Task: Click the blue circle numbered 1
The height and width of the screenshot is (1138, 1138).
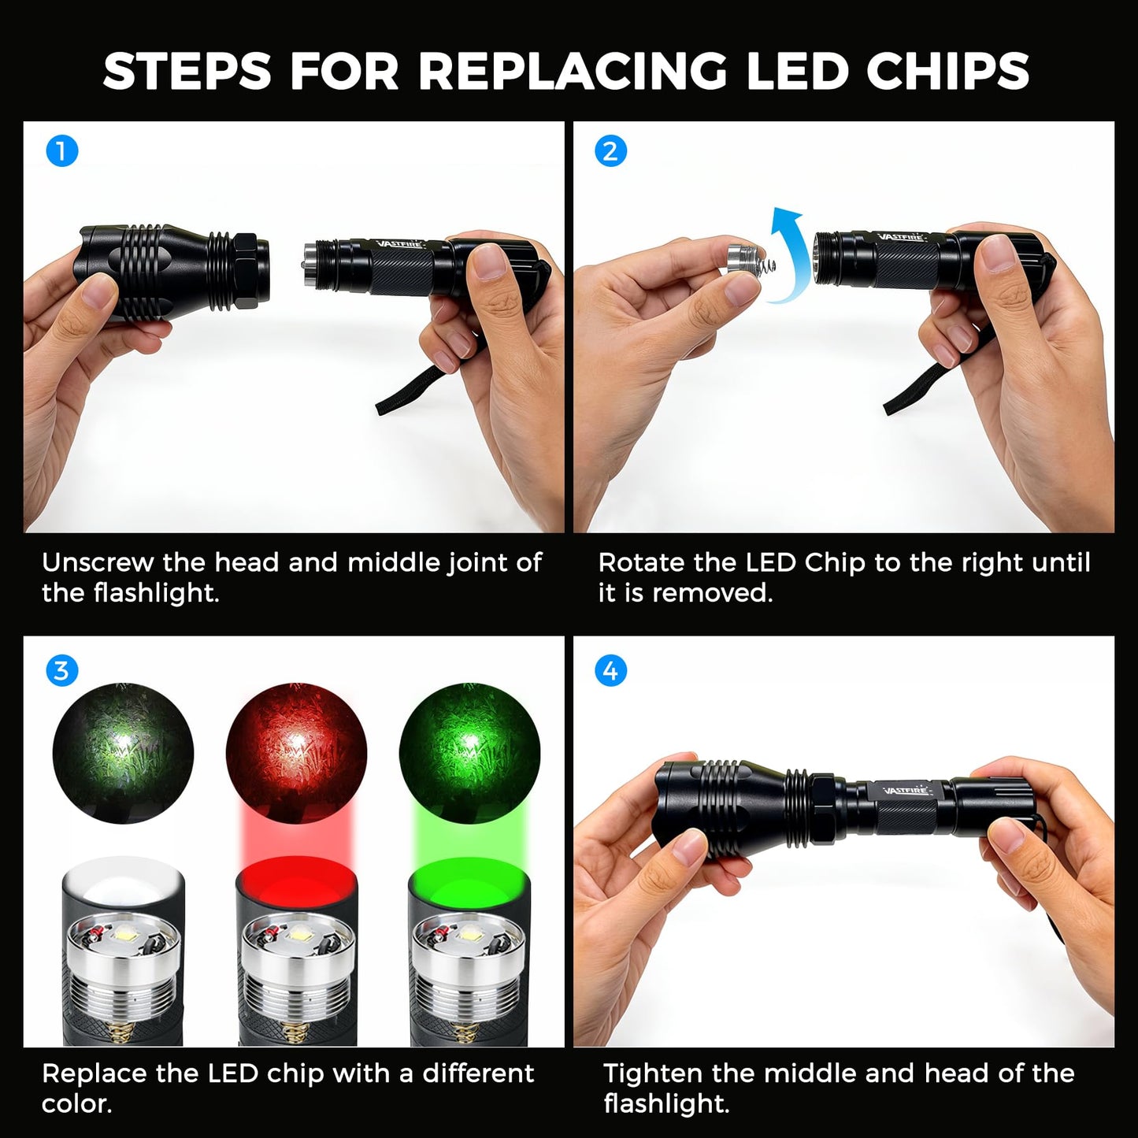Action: pyautogui.click(x=61, y=151)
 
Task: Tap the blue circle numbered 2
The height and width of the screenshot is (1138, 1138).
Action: pyautogui.click(x=610, y=151)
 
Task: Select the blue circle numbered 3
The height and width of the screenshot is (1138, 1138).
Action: pyautogui.click(x=61, y=671)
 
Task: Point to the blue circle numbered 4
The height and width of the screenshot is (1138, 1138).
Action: pyautogui.click(x=610, y=671)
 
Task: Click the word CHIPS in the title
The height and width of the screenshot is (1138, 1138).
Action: pyautogui.click(x=948, y=71)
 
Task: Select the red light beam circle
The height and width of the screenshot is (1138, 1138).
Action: pyautogui.click(x=296, y=754)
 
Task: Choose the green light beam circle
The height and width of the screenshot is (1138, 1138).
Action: pyautogui.click(x=469, y=754)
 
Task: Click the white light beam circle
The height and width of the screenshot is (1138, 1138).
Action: pyautogui.click(x=123, y=754)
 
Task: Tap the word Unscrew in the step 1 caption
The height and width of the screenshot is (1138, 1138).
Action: pyautogui.click(x=98, y=563)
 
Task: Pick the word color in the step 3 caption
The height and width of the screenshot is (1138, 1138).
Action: pyautogui.click(x=76, y=1104)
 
